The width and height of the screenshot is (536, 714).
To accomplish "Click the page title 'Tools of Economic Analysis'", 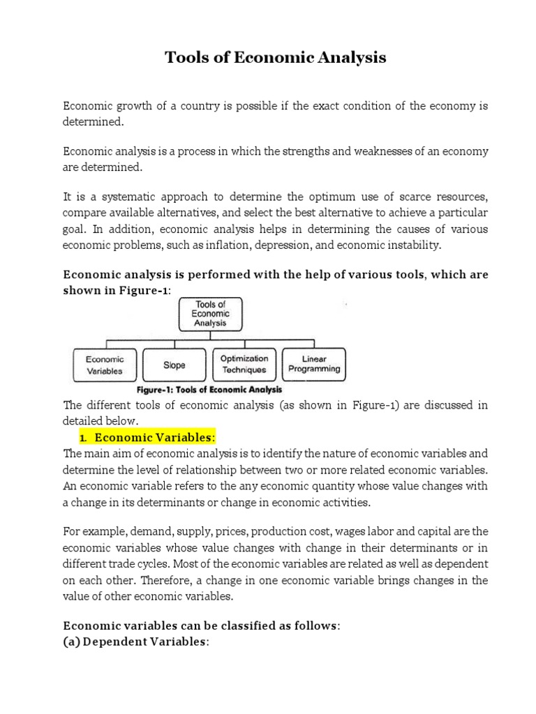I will (275, 58).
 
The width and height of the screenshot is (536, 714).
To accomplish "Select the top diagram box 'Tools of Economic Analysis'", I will (210, 314).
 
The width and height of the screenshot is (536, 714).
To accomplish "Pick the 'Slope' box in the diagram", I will (174, 365).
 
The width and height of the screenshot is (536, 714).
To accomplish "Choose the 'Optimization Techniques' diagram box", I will (244, 364).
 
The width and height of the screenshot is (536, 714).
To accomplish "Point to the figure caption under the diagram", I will (209, 390).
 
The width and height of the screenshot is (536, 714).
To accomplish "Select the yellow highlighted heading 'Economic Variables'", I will (154, 438).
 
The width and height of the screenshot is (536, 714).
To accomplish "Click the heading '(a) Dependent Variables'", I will (136, 642).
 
